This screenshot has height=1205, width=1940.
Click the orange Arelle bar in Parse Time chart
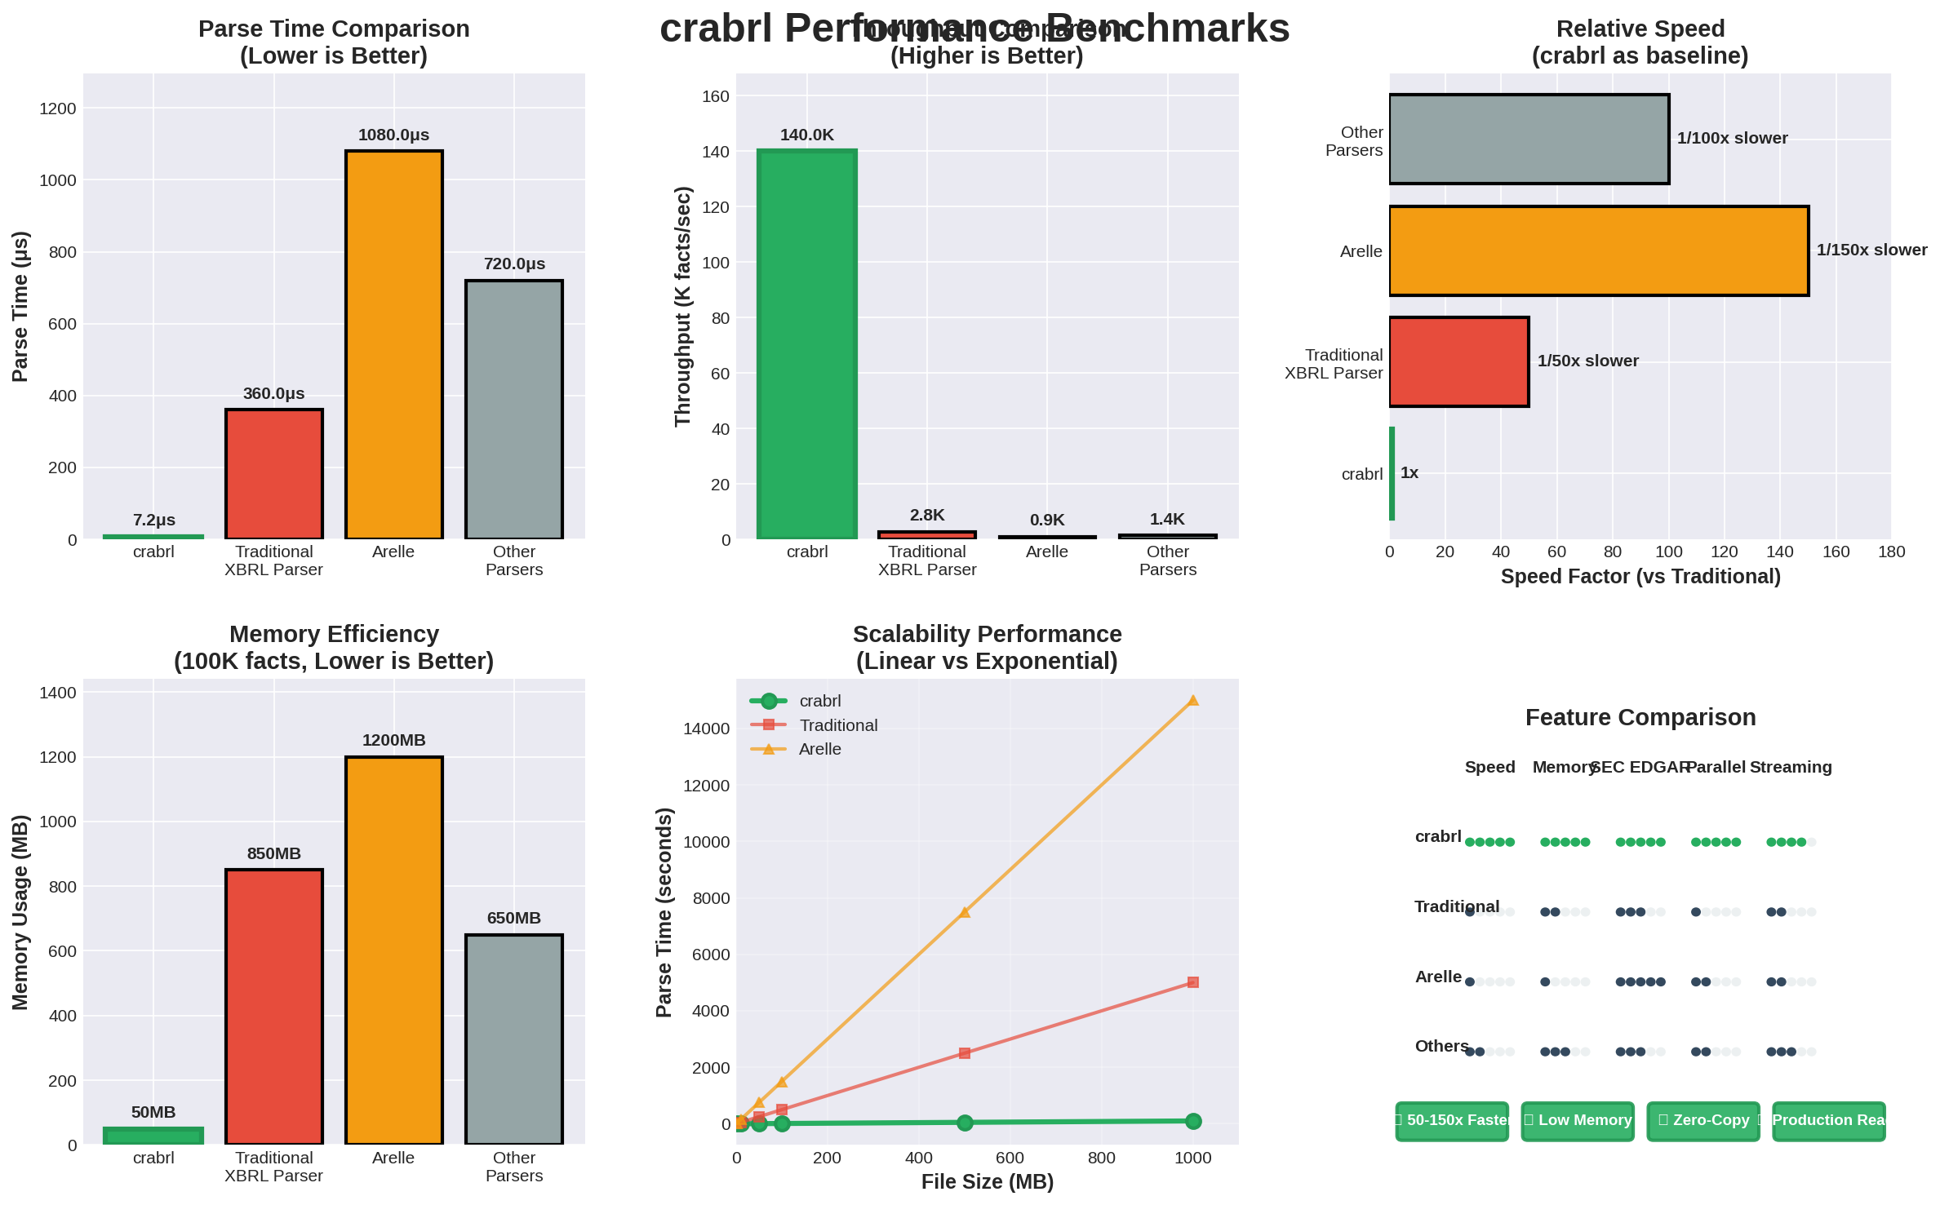[x=393, y=344]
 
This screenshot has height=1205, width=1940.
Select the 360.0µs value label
[x=273, y=393]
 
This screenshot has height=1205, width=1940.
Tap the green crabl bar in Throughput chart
[x=806, y=344]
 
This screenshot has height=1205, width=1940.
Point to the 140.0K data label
[x=806, y=135]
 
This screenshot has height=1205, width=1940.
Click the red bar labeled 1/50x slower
[x=1458, y=361]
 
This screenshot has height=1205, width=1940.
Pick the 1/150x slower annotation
[x=1871, y=250]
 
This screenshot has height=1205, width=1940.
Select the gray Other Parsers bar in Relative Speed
[x=1529, y=139]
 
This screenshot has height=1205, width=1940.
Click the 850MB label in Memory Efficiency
[x=273, y=853]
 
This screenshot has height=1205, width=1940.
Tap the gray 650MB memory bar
[x=513, y=1039]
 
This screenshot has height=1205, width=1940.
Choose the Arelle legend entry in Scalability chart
[x=819, y=749]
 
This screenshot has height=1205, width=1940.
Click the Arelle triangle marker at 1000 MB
[x=1192, y=700]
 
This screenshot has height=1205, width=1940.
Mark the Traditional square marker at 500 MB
[x=965, y=1052]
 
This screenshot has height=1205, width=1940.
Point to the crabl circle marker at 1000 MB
[x=1192, y=1121]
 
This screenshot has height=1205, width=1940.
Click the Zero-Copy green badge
[x=1703, y=1120]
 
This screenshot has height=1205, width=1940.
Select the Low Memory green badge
[x=1578, y=1120]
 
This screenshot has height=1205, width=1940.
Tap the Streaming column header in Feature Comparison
[x=1791, y=767]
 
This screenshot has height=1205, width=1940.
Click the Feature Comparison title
[x=1640, y=717]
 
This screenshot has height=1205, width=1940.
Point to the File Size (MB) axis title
[x=987, y=1181]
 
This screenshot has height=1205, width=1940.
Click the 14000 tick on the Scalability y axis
[x=706, y=729]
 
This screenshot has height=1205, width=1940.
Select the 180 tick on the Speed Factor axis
[x=1891, y=552]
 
